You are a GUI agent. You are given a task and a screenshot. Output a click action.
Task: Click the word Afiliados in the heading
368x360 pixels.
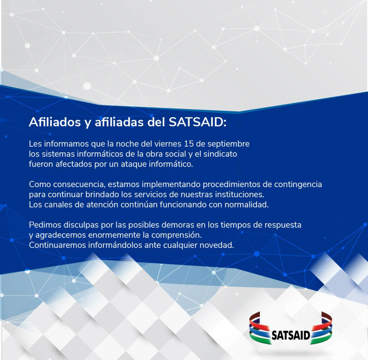point(55,122)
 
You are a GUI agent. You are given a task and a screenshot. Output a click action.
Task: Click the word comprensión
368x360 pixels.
point(176,235)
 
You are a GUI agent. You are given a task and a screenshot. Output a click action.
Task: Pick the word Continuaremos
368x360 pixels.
point(57,245)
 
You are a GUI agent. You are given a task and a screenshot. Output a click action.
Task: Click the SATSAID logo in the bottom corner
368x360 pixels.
point(290,328)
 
